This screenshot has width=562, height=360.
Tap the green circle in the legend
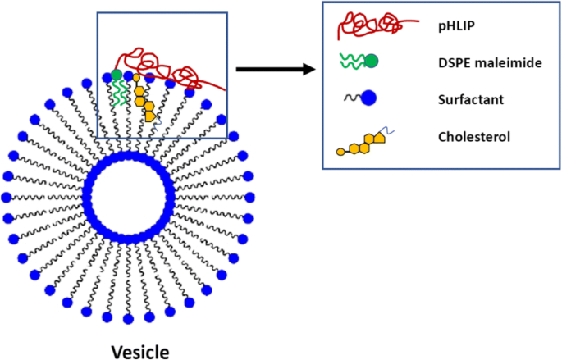point(371,61)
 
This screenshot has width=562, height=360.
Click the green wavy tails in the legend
point(350,62)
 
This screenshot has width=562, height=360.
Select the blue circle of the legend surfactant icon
point(368,98)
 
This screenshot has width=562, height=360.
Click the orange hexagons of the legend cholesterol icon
point(362,147)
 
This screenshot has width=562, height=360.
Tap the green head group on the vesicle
point(117,75)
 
